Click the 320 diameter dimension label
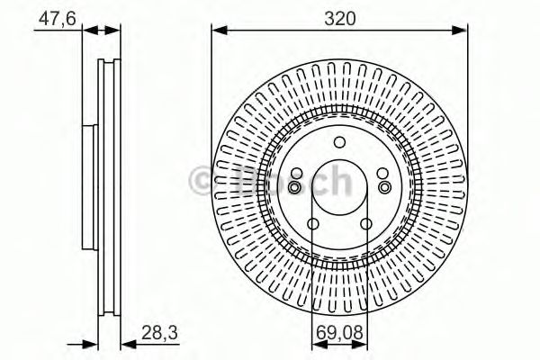pyautogui.click(x=339, y=15)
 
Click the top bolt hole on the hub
pyautogui.click(x=339, y=142)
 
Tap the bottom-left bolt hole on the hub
pyautogui.click(x=312, y=224)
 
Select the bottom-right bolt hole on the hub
pyautogui.click(x=366, y=224)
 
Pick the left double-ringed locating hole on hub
pyautogui.click(x=295, y=186)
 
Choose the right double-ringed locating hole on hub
pyautogui.click(x=383, y=186)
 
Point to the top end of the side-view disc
pyautogui.click(x=109, y=61)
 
